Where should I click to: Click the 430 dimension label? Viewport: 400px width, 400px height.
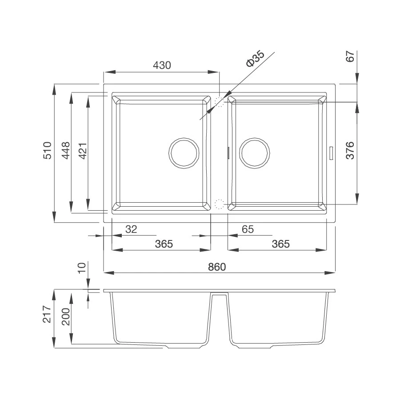click(162, 65)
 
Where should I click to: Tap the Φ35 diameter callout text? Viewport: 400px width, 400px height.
click(255, 59)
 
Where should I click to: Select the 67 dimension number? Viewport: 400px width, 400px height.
click(350, 56)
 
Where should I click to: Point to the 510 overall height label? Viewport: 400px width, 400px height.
click(47, 151)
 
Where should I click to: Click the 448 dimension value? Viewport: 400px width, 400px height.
click(66, 151)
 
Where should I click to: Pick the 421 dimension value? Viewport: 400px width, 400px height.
click(83, 151)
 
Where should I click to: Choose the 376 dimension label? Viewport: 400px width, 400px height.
click(350, 150)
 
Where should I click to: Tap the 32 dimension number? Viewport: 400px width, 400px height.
click(132, 229)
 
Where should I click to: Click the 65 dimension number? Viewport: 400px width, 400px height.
click(248, 229)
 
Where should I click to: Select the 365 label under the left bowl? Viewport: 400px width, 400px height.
click(164, 244)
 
